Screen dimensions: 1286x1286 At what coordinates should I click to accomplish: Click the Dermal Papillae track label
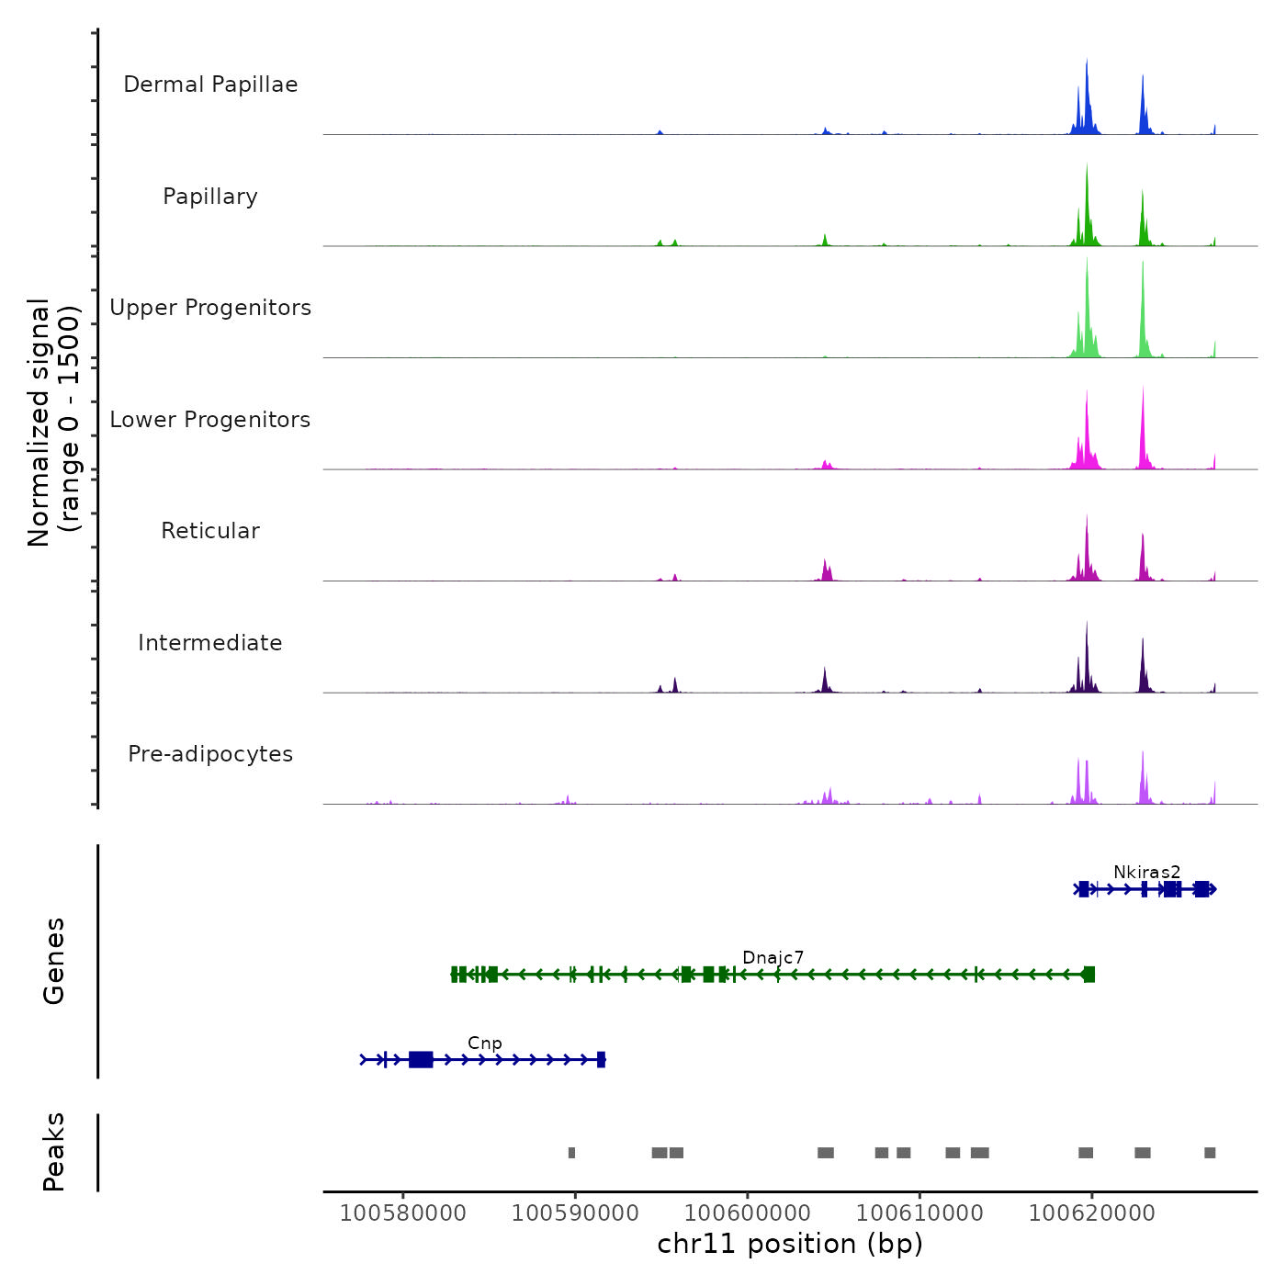point(210,85)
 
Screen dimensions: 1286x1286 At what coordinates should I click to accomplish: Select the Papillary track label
point(210,197)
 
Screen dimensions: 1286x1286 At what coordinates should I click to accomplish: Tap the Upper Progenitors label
point(210,308)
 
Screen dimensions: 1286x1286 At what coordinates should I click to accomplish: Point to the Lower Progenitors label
point(210,420)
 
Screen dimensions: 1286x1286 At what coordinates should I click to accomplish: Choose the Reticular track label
point(210,531)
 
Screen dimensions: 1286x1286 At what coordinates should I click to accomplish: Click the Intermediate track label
point(210,643)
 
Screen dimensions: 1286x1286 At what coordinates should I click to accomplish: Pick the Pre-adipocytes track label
point(210,754)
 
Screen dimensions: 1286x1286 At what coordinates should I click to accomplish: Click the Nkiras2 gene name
point(1146,872)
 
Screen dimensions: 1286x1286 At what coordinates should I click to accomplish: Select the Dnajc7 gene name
point(773,957)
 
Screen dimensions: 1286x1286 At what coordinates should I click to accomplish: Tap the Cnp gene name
point(484,1043)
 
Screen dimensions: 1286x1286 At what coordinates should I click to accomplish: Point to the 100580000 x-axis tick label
point(402,1213)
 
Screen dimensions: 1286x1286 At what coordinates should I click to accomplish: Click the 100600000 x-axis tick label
point(747,1213)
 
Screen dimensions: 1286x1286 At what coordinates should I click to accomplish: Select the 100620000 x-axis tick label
point(1091,1213)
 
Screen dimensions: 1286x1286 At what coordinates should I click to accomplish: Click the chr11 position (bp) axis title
point(790,1244)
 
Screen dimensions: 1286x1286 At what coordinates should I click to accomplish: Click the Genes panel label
point(53,961)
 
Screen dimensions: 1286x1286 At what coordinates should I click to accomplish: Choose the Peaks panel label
point(53,1152)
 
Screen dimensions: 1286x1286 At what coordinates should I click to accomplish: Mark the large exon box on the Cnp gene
point(421,1059)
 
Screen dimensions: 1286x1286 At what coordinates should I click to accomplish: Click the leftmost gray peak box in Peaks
point(571,1153)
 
